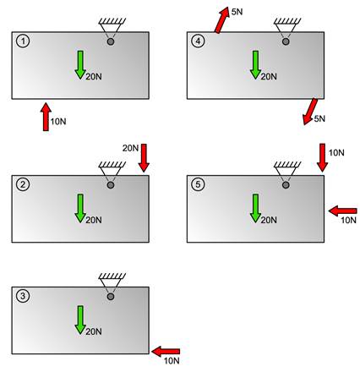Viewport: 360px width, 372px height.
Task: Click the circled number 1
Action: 23,41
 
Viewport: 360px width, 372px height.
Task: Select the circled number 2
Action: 23,184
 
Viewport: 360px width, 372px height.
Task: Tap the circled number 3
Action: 23,296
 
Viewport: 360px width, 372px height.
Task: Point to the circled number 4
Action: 198,41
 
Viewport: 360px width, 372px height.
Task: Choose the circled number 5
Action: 198,184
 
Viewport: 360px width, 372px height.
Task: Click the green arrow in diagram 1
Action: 80,65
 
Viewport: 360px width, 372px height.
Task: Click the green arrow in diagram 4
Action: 255,65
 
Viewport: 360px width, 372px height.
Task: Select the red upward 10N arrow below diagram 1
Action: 46,117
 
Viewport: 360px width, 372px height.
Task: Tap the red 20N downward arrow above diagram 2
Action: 144,158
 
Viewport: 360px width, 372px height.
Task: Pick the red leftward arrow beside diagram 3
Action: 166,352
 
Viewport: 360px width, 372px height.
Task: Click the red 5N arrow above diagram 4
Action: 221,20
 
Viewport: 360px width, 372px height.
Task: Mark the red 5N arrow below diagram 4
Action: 310,112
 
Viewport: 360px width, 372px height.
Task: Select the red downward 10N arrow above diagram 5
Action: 322,157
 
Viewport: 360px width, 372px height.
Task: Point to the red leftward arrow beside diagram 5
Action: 343,211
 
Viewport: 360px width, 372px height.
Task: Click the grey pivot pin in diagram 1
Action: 111,41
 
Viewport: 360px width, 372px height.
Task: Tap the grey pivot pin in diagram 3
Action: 111,297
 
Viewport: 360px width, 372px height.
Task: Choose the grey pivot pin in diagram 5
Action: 286,185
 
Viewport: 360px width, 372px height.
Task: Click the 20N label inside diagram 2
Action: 94,220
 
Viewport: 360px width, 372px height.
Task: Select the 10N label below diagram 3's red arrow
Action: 172,361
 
